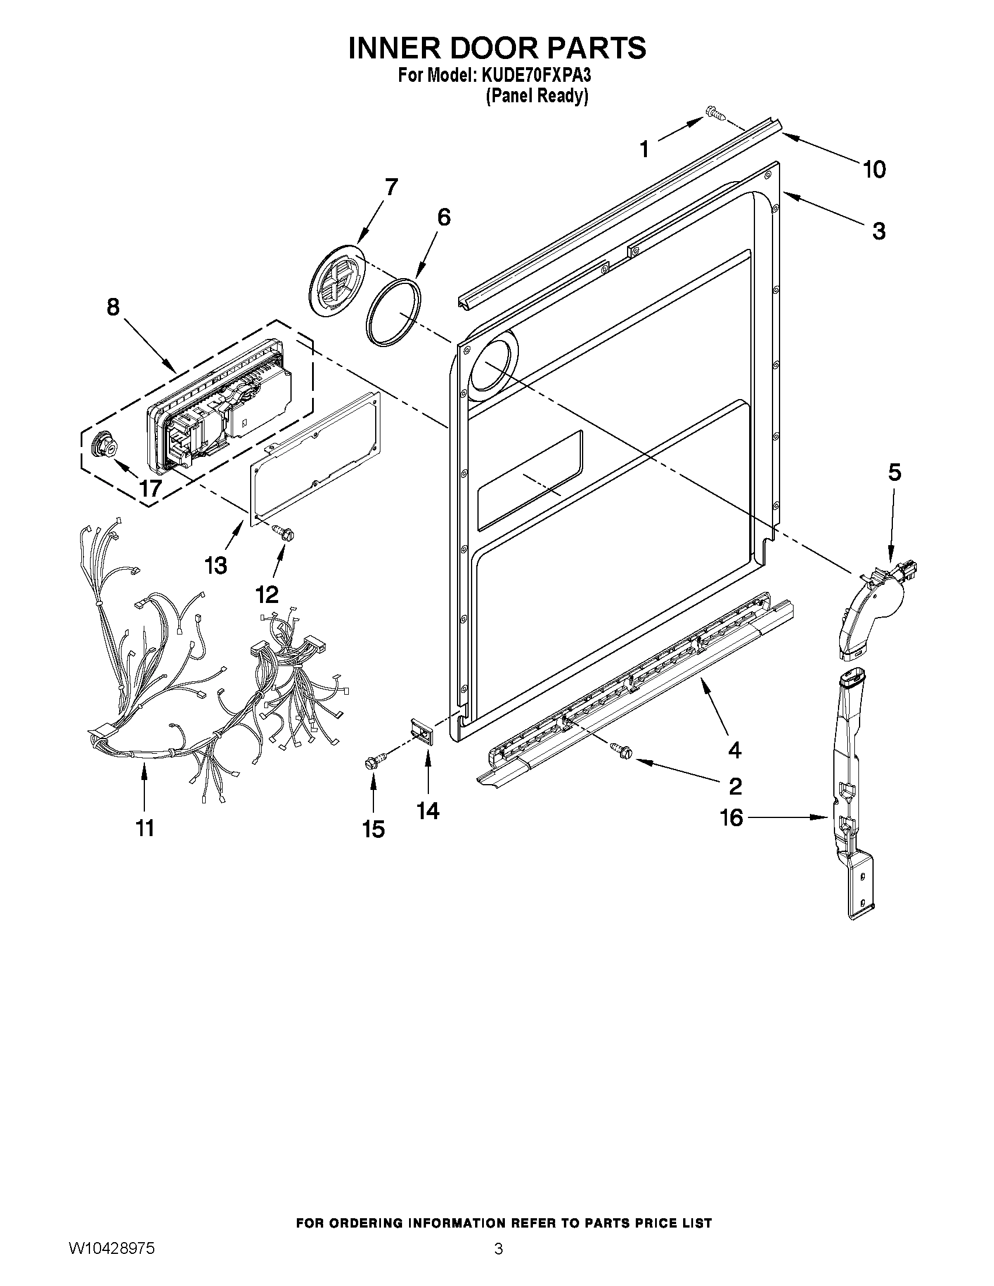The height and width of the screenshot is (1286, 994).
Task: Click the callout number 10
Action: (x=874, y=169)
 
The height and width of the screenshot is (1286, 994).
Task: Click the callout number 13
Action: (x=216, y=566)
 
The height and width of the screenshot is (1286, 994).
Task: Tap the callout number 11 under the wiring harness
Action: (x=145, y=828)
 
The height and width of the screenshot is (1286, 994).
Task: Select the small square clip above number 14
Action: (x=424, y=732)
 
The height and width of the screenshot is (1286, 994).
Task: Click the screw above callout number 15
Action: (x=373, y=762)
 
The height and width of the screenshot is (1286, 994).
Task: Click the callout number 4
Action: (x=735, y=750)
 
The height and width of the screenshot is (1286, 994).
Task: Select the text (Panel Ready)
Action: (x=536, y=96)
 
